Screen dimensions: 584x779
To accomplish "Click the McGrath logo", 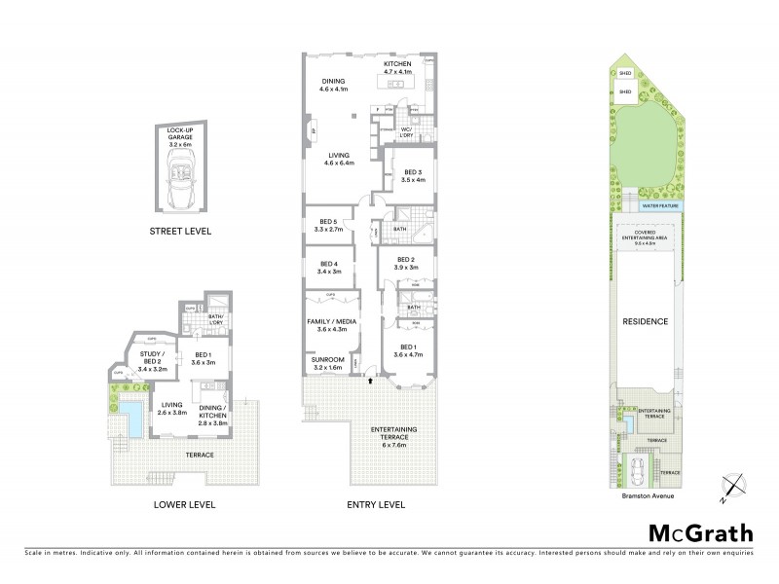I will (700, 532).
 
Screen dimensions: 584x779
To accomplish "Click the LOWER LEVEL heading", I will (184, 505).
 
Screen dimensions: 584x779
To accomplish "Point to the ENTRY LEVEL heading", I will (375, 505).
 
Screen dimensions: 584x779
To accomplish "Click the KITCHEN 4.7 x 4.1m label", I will (397, 68).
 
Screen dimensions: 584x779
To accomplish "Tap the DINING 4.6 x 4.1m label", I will (333, 86).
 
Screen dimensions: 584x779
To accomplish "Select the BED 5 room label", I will (327, 225).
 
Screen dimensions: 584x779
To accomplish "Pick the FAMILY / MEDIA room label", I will (332, 324).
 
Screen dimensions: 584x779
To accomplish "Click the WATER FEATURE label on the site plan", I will (660, 206).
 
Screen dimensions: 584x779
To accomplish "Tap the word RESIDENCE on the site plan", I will (646, 320).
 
